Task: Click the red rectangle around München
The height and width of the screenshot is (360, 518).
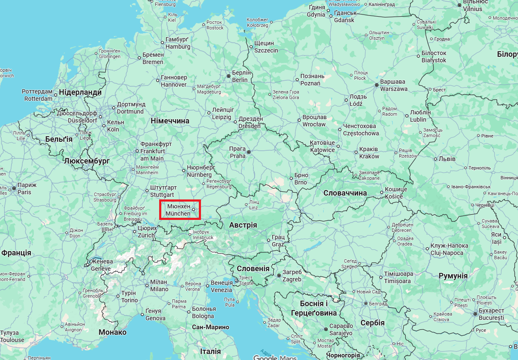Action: (180, 210)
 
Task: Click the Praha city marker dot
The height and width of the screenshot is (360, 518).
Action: (249, 152)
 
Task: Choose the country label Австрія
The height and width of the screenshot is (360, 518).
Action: (243, 225)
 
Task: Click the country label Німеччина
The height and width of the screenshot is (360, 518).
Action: (170, 121)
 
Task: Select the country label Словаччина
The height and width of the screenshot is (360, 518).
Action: (345, 193)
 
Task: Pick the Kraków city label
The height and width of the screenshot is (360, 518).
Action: (369, 153)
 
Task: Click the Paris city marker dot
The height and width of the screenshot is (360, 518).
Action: (14, 188)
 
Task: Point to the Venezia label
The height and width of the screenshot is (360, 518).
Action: (221, 287)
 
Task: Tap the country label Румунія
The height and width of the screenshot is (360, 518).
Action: (453, 276)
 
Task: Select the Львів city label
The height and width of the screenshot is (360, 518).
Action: (447, 159)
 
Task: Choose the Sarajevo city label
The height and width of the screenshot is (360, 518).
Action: (340, 330)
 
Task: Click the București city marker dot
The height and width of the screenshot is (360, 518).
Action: (475, 314)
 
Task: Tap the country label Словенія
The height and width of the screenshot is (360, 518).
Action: (253, 269)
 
